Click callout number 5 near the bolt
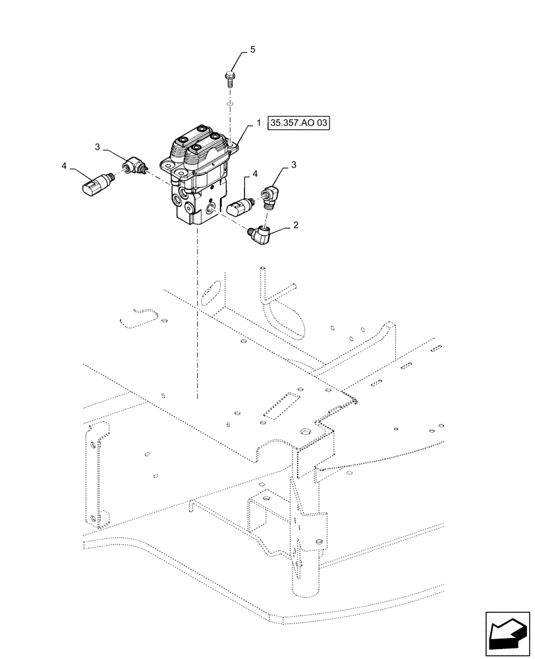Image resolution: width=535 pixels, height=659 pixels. pyautogui.click(x=251, y=50)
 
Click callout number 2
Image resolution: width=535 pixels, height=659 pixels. pyautogui.click(x=296, y=225)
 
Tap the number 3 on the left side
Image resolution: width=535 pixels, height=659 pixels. pyautogui.click(x=98, y=148)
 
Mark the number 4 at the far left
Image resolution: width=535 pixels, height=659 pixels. pyautogui.click(x=64, y=167)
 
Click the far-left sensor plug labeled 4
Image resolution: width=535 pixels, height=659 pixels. pyautogui.click(x=93, y=183)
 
